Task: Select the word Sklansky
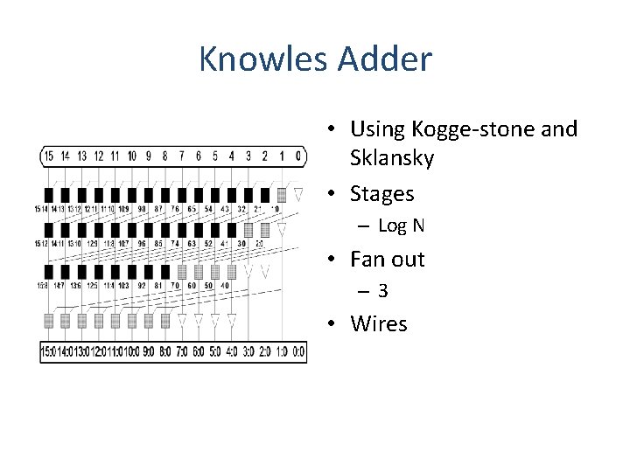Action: pos(392,159)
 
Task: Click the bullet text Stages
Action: pos(381,193)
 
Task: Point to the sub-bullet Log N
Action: pos(401,226)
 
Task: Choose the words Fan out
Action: pos(387,259)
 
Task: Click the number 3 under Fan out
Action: pos(383,291)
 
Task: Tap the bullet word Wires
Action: pos(379,323)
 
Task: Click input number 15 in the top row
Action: pos(49,156)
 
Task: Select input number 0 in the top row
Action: pos(298,156)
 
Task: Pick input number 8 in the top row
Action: pos(165,156)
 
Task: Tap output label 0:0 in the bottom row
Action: pos(298,352)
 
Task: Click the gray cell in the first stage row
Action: pos(282,194)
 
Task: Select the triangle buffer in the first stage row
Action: pos(298,194)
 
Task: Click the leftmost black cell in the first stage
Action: pos(49,194)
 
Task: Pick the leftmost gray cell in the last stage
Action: pos(49,321)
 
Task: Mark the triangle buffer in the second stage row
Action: pos(282,231)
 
